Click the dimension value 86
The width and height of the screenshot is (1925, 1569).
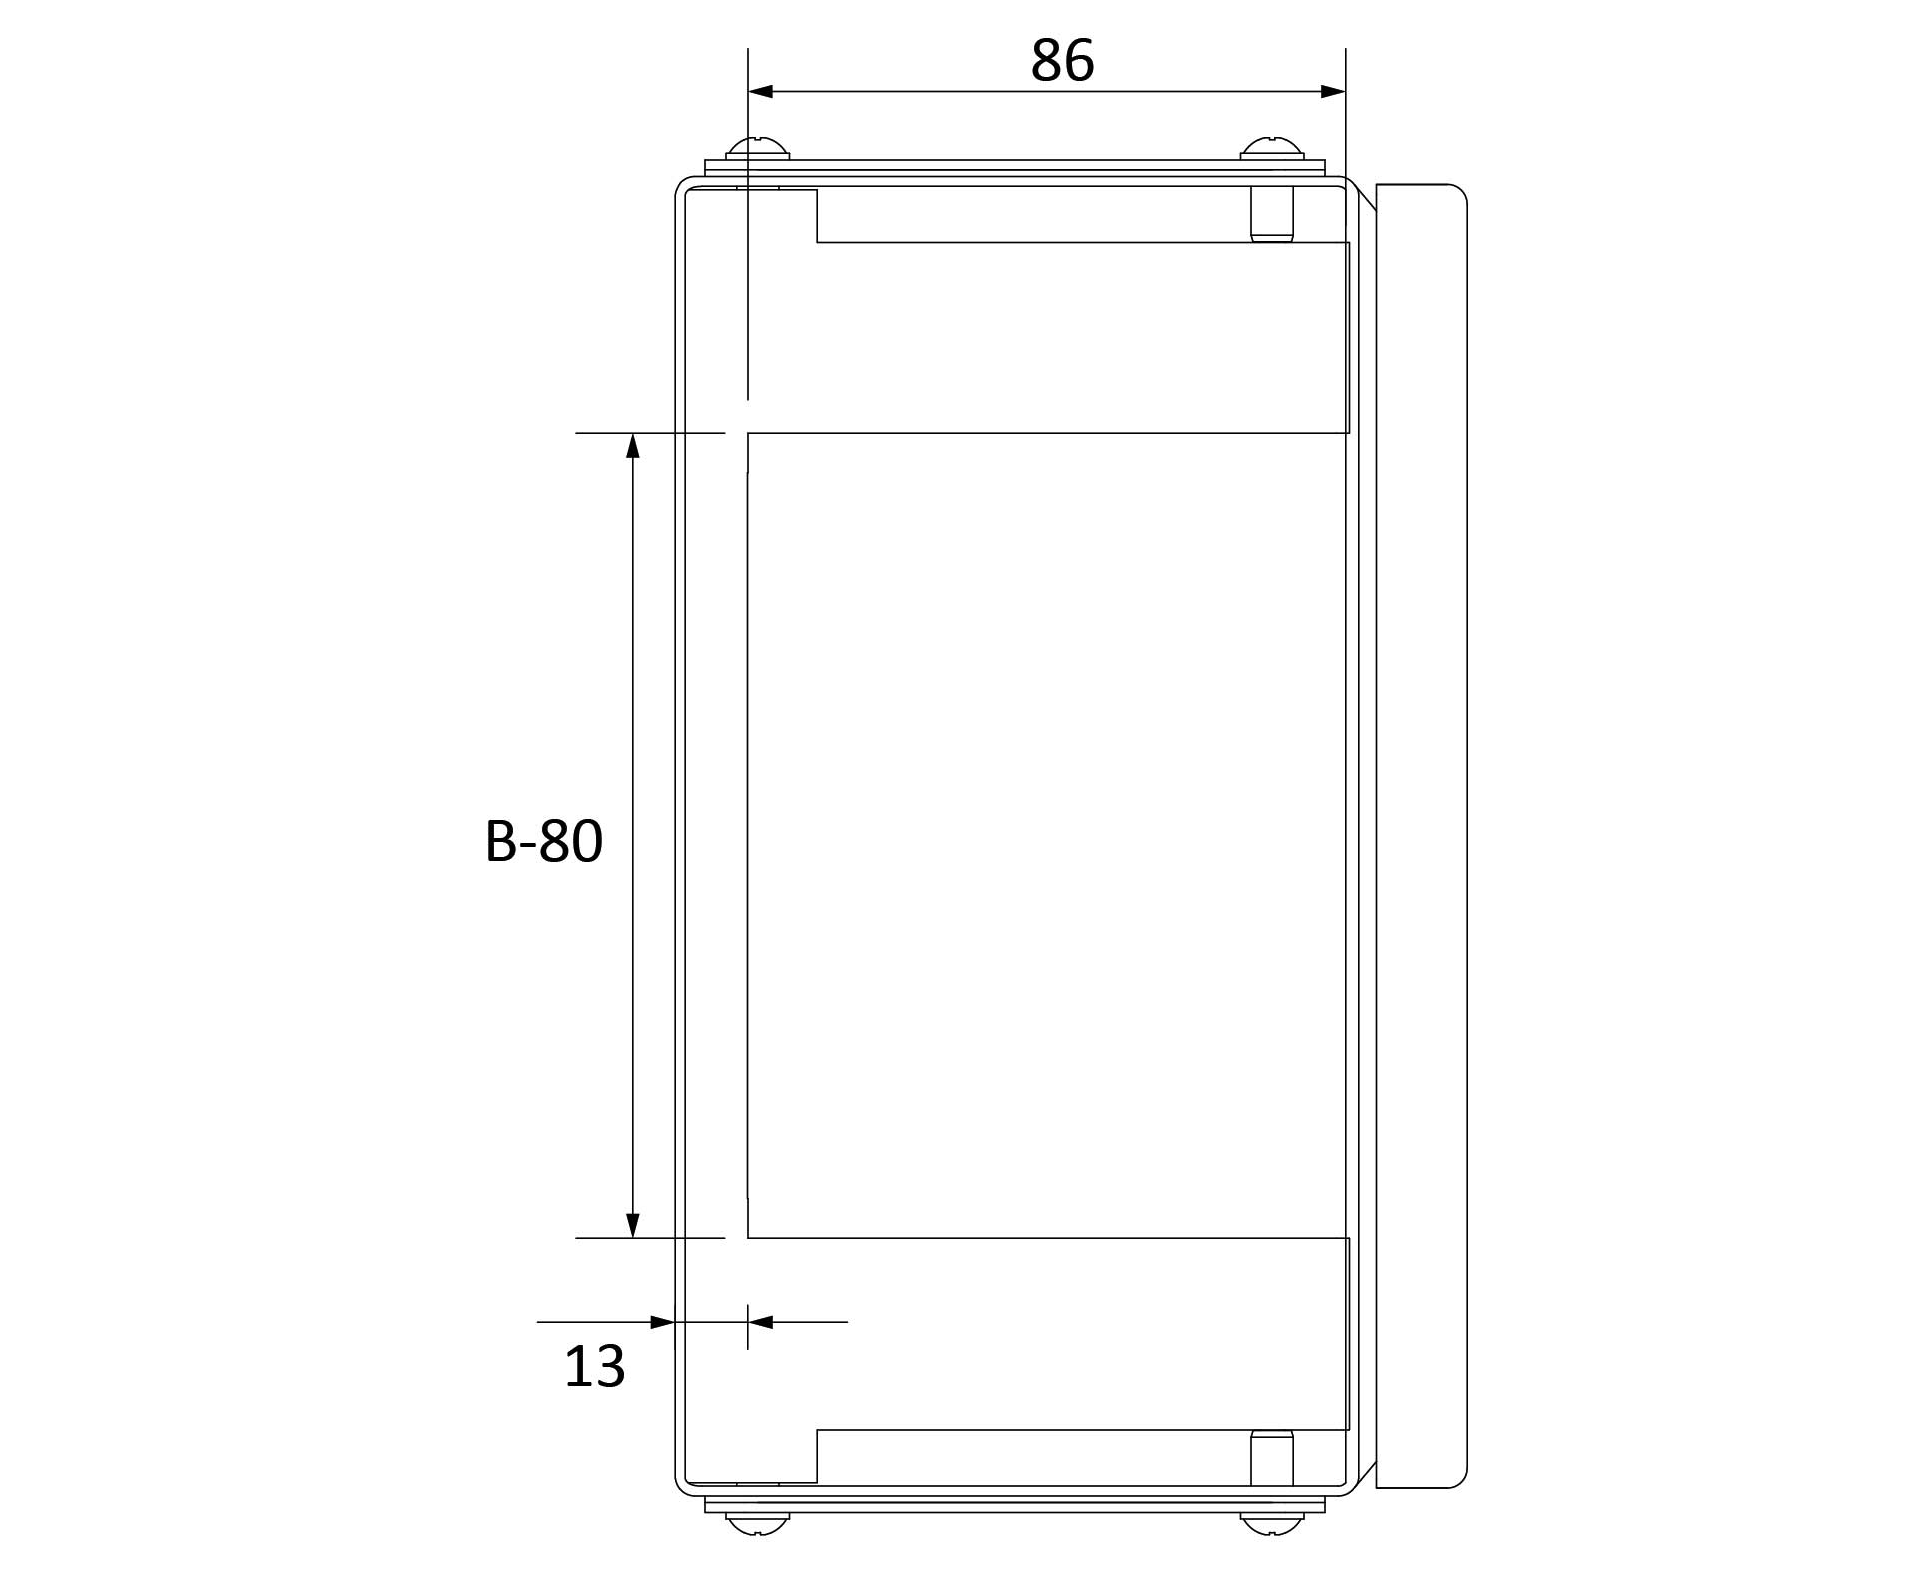1062,61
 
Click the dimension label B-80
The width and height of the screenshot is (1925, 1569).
544,841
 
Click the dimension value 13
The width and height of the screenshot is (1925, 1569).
595,1366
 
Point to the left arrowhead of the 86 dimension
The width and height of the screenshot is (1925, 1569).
761,92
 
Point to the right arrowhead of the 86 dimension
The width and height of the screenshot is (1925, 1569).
1333,92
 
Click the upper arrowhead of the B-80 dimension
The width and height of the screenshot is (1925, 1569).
632,446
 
